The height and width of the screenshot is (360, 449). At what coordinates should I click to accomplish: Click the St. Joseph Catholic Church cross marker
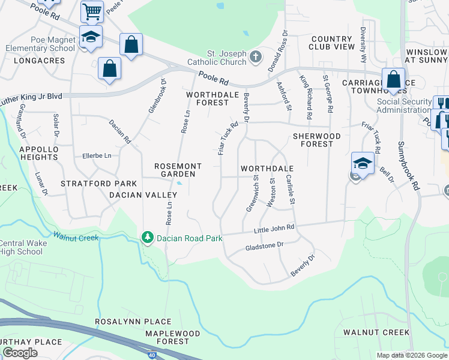tap(256, 58)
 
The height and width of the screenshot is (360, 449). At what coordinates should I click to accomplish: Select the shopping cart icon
tap(92, 11)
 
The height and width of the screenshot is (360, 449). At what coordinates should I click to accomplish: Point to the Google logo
tap(20, 353)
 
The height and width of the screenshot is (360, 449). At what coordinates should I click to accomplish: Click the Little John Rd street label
tap(274, 227)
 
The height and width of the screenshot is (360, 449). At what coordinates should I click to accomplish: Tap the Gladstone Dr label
tap(264, 246)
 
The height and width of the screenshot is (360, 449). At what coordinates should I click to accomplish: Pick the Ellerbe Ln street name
tap(97, 155)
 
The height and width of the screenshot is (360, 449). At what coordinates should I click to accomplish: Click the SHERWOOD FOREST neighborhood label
tap(316, 140)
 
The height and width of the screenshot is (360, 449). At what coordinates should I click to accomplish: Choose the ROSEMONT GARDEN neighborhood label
tap(175, 170)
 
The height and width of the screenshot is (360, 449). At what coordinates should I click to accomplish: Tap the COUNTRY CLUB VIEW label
tap(332, 42)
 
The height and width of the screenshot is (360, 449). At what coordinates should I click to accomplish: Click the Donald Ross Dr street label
tap(280, 51)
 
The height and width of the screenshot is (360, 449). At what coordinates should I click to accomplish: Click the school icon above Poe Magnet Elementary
tap(91, 37)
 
